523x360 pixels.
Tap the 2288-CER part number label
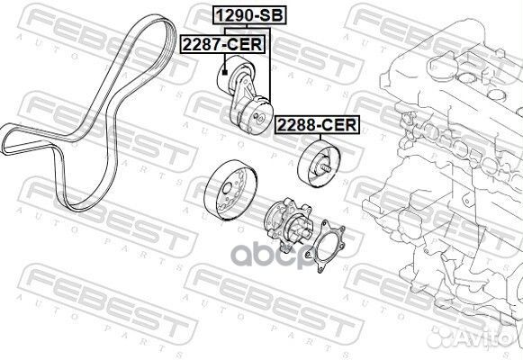[x=316, y=128]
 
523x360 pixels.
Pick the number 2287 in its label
[x=200, y=41]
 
